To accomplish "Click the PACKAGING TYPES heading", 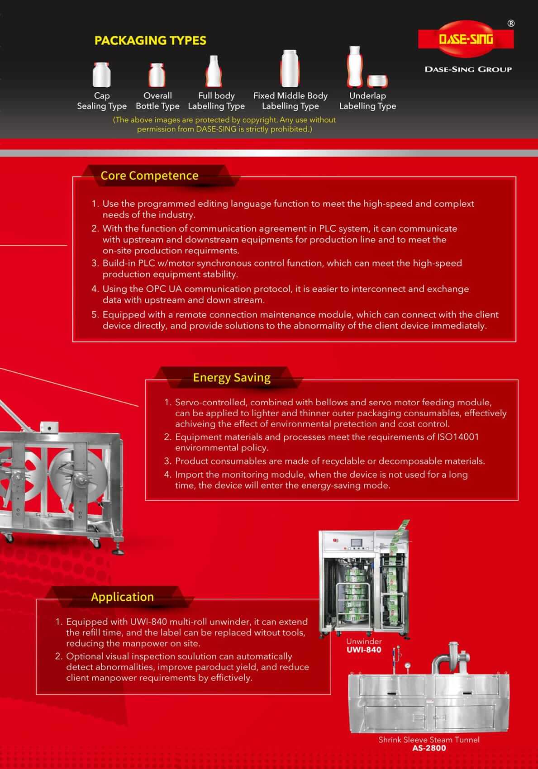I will tap(150, 41).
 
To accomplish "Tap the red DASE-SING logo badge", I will tap(466, 40).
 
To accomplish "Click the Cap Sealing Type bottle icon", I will tap(101, 75).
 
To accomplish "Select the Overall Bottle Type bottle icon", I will tap(157, 75).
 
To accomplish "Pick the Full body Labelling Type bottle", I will tap(214, 71).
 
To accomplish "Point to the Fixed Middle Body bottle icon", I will tap(289, 69).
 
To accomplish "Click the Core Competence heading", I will tap(149, 176).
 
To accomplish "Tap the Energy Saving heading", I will tap(232, 377).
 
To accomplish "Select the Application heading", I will tap(122, 597).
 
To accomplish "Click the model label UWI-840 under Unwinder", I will tap(364, 650).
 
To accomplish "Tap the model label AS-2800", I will tap(429, 748).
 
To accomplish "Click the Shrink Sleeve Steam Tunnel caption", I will tap(429, 740).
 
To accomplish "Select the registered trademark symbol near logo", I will tap(511, 24).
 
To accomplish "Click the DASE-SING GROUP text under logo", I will tap(468, 69).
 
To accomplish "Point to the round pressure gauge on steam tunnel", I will tap(409, 665).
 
